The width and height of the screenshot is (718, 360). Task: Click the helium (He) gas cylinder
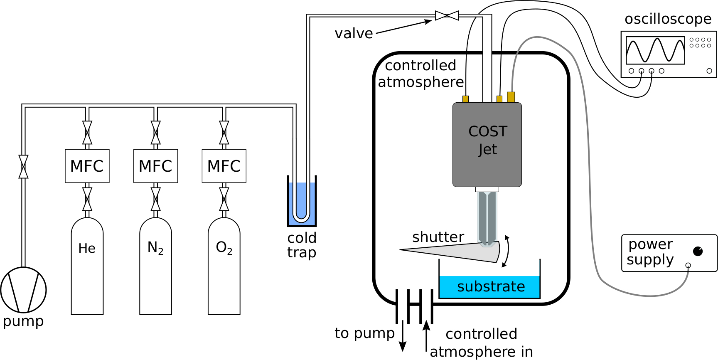point(87,270)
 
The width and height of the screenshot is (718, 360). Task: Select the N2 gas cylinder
point(155,270)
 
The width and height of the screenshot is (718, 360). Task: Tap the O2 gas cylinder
point(224,270)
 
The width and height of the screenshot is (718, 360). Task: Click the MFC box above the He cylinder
point(87,166)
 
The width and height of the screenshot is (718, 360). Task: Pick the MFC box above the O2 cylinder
point(224,166)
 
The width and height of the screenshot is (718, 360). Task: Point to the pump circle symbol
point(23,290)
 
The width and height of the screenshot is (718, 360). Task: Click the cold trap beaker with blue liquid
point(302,204)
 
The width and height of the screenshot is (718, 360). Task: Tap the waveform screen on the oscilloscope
point(655,50)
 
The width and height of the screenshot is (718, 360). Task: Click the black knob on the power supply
point(698,251)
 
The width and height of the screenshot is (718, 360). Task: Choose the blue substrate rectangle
point(489,287)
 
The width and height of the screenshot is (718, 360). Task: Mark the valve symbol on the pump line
point(24,167)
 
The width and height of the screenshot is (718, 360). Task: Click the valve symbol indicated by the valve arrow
point(447,15)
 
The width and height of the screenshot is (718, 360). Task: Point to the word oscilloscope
point(668,19)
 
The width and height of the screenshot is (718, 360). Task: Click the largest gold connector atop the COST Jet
point(511,97)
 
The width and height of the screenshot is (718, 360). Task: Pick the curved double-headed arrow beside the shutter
point(507,251)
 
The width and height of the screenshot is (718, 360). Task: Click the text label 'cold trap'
point(302,245)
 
